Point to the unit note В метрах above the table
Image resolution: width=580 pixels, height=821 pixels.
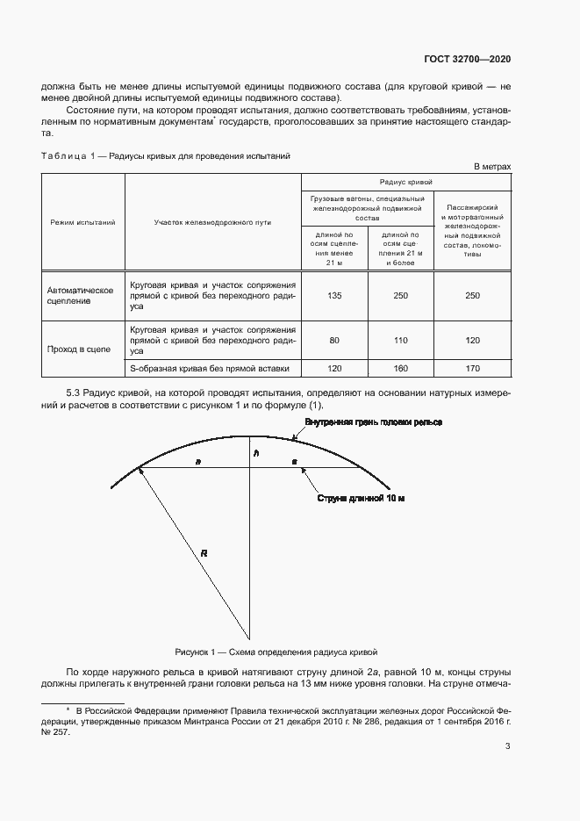click(x=492, y=166)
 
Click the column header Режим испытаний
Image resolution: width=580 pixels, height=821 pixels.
click(x=82, y=222)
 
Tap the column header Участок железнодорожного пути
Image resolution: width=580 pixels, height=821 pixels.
click(x=213, y=222)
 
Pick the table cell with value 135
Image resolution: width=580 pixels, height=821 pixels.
click(x=334, y=296)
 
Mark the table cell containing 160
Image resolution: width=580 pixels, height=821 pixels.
click(x=401, y=369)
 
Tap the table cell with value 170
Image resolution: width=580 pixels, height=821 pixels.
click(x=473, y=369)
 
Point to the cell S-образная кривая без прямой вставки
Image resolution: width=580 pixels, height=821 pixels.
click(x=210, y=369)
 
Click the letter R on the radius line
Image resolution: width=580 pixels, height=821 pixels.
click(x=204, y=553)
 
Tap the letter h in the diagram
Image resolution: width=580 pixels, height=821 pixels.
click(x=256, y=453)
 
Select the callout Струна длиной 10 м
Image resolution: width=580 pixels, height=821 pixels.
click(x=360, y=498)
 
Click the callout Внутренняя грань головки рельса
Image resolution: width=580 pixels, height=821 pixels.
click(x=373, y=422)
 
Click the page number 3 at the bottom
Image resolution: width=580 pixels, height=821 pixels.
click(x=508, y=747)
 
